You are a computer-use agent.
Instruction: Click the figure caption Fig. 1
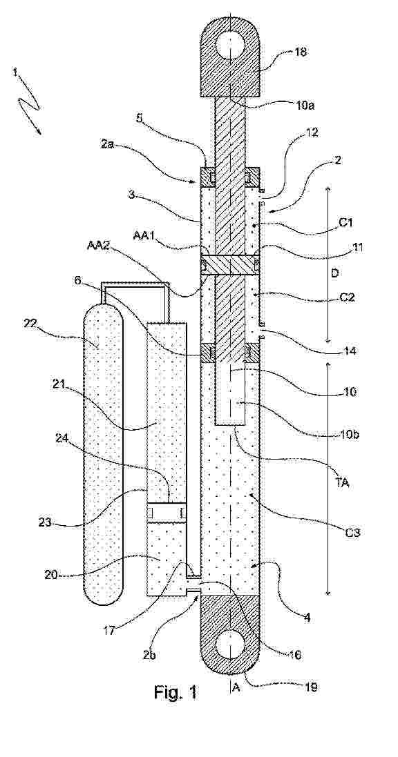click(176, 692)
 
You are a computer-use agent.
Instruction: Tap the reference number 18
click(300, 52)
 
